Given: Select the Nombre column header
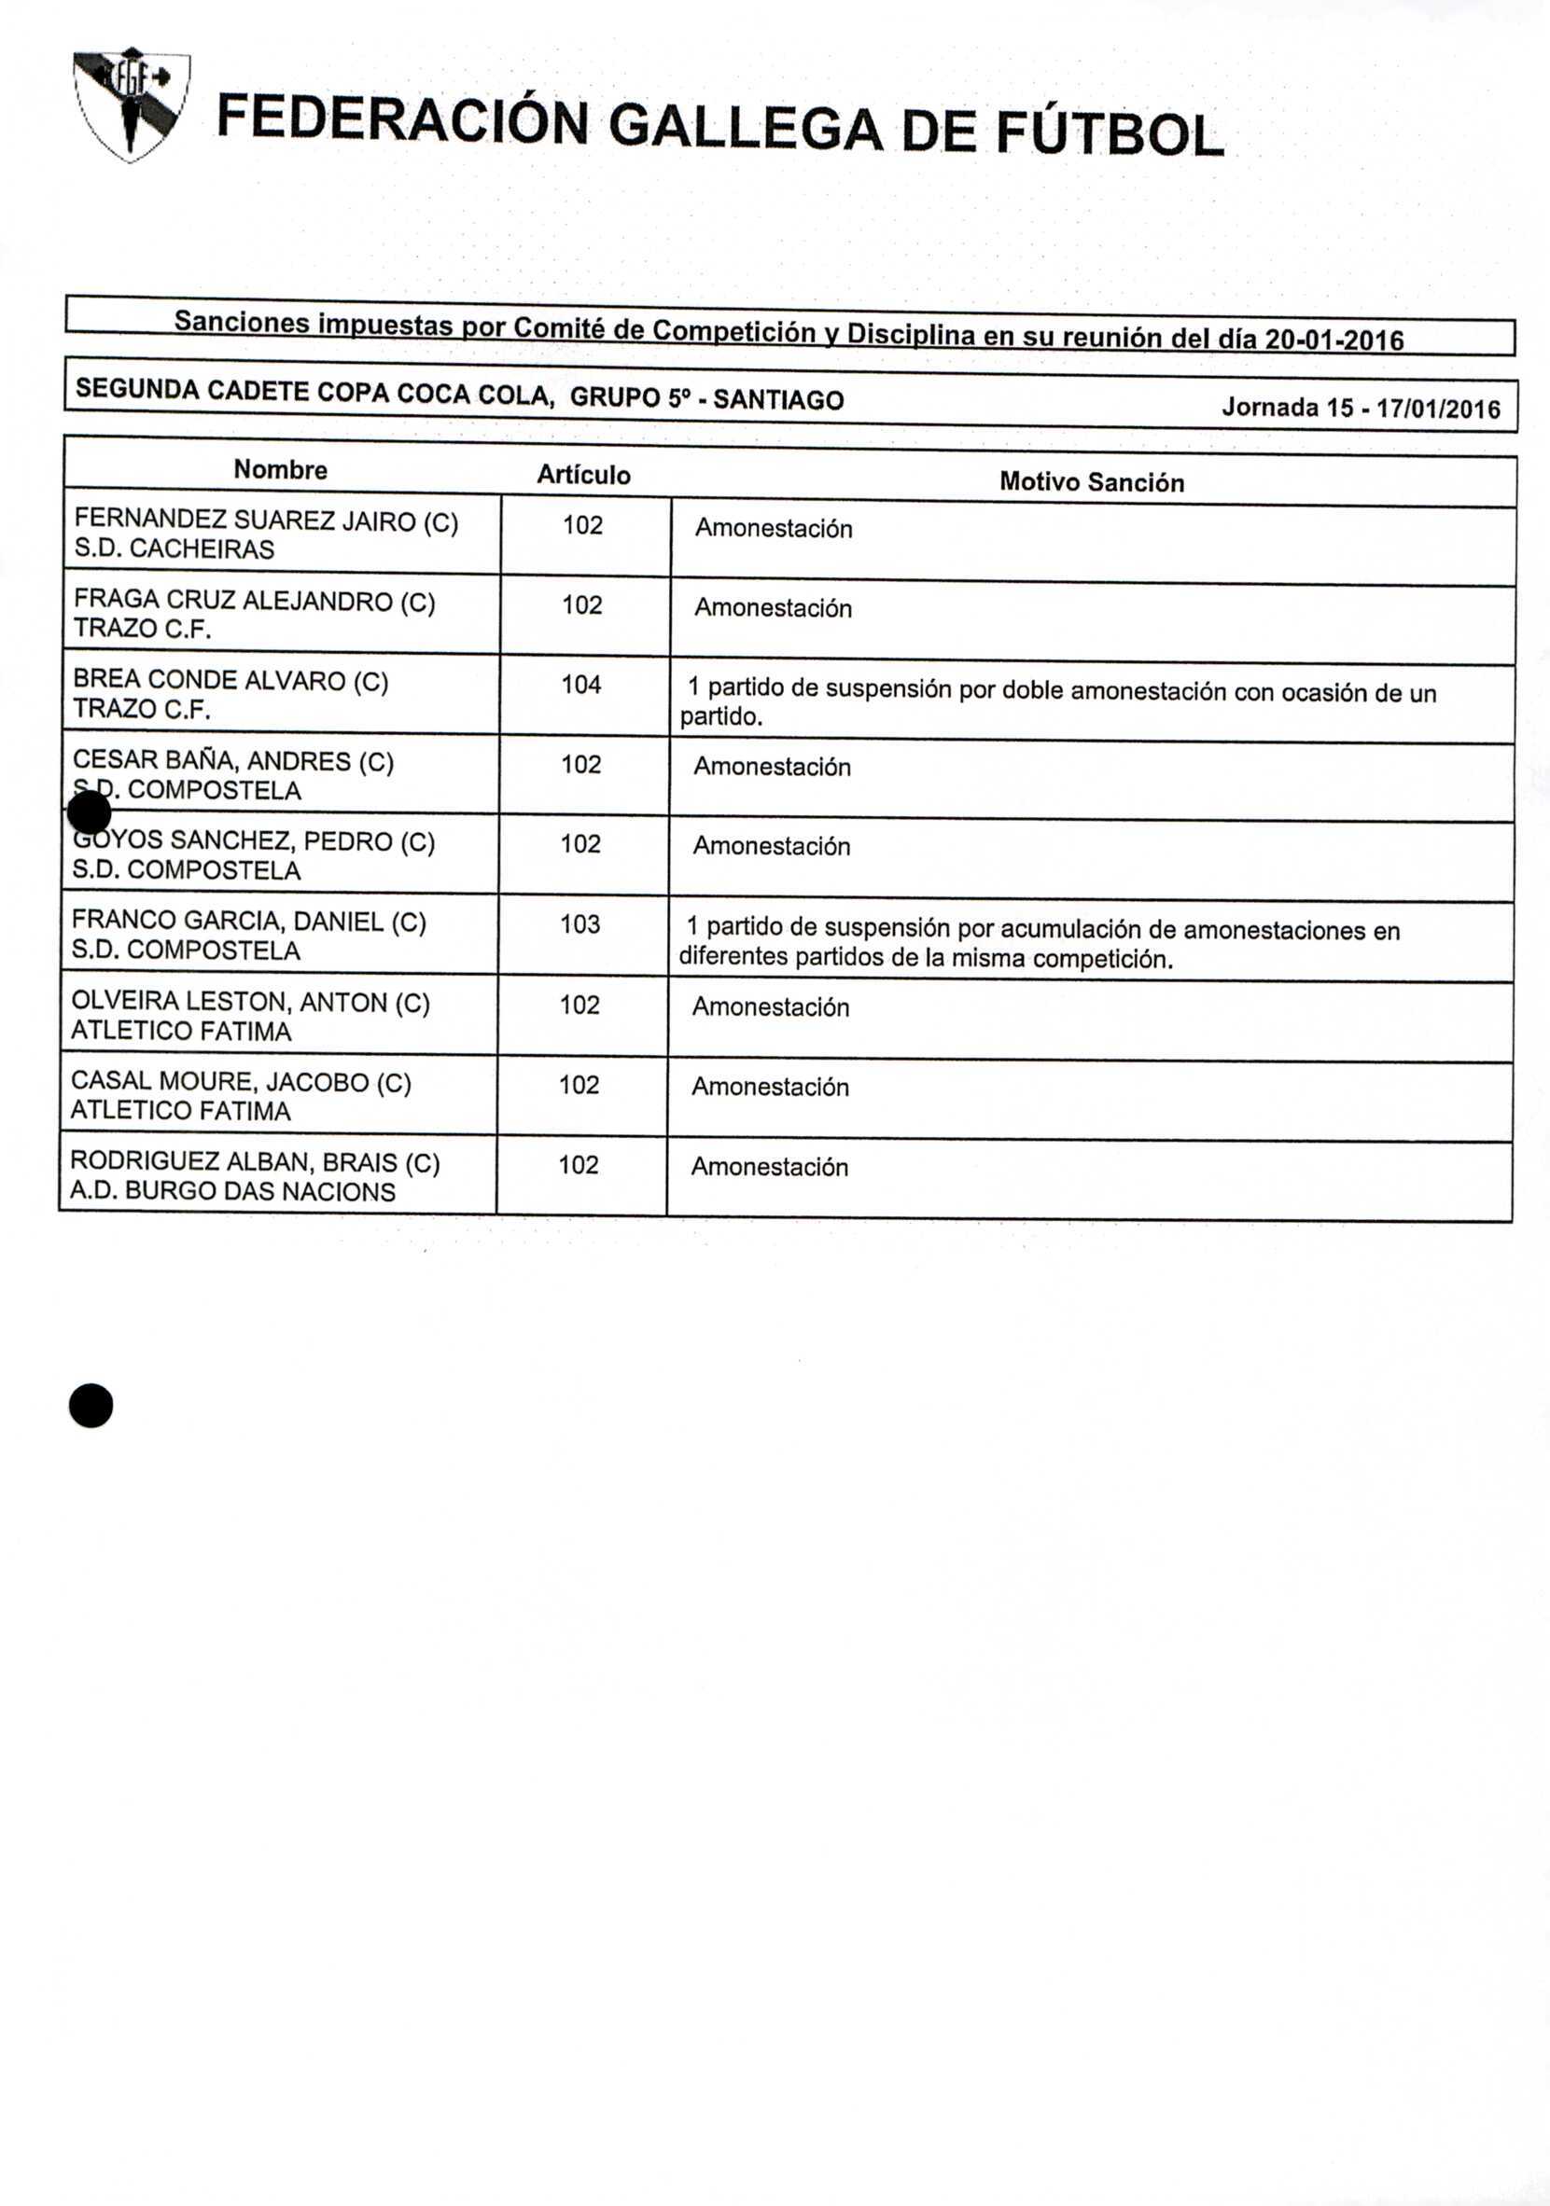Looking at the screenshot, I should [x=281, y=470].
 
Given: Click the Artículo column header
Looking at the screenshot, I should [x=583, y=475].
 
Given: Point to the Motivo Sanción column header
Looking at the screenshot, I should [x=1092, y=482].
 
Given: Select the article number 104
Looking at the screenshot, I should [x=581, y=685].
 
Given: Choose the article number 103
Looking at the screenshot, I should [x=580, y=924].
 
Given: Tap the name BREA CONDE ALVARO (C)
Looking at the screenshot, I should [x=230, y=680].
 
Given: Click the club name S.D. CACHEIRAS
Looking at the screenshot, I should [x=174, y=549].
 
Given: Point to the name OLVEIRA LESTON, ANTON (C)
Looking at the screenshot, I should [x=251, y=1002].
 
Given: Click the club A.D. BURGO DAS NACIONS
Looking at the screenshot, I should [x=232, y=1191].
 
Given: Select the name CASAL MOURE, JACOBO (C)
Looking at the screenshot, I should [x=241, y=1083].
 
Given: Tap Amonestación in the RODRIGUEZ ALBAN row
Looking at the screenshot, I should [x=770, y=1168].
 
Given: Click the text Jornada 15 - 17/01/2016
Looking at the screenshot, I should [x=1361, y=409].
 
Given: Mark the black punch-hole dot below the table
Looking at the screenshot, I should [x=91, y=1406].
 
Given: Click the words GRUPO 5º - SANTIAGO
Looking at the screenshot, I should [x=706, y=397].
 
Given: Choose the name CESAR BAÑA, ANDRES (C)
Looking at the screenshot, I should [x=233, y=762].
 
